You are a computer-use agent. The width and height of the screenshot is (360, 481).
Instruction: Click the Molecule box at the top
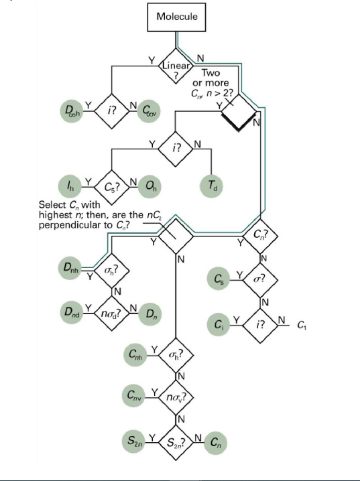(177, 17)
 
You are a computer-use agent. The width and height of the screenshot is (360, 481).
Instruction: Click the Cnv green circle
(136, 397)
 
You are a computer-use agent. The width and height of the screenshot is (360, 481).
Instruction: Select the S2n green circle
(136, 441)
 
